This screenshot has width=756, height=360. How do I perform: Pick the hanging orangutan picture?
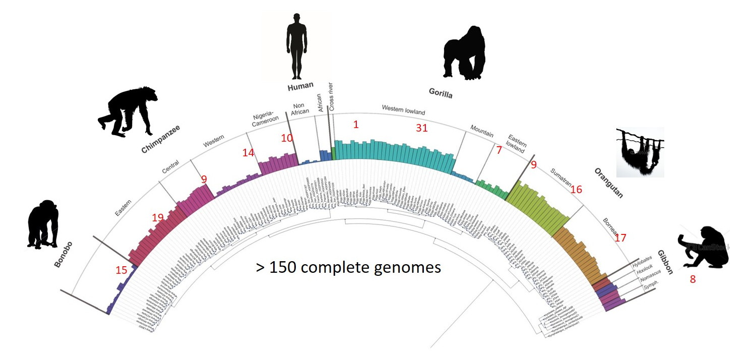click(640, 153)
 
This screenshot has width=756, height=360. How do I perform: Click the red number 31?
click(421, 129)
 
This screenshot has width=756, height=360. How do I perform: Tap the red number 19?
click(158, 218)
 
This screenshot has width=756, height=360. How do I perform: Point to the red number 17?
click(620, 237)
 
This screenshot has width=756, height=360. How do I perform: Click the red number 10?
click(287, 138)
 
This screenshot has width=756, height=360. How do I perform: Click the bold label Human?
click(300, 87)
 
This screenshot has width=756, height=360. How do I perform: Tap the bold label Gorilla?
click(440, 94)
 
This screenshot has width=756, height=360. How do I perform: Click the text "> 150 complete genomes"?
click(348, 267)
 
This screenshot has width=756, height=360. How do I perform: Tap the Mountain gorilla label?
click(482, 130)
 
